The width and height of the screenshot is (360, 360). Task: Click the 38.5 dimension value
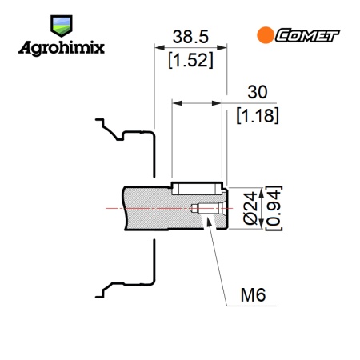tap(190, 37)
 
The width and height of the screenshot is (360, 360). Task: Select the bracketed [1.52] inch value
tap(191, 60)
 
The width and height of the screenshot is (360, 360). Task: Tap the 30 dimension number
tap(258, 92)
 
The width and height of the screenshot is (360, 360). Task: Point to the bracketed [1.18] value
tap(258, 115)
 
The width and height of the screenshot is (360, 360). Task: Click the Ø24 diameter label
tap(251, 208)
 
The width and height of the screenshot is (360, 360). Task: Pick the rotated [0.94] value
tap(274, 208)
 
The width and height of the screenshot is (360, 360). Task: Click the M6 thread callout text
tap(253, 295)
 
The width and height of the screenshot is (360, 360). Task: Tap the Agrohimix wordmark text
tap(62, 48)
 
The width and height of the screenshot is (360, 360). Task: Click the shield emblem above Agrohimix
tap(62, 26)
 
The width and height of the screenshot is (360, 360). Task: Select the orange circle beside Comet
tap(266, 35)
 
